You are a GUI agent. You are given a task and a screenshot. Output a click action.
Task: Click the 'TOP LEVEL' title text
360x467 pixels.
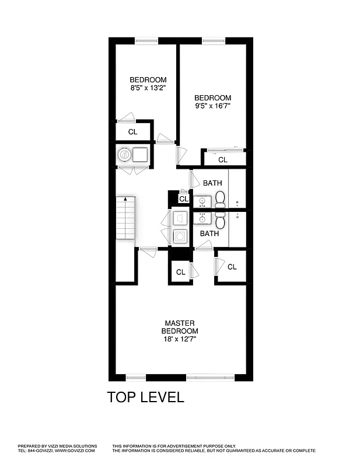pyautogui.click(x=146, y=398)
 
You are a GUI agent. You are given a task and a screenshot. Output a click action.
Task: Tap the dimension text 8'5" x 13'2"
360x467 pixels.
pyautogui.click(x=148, y=88)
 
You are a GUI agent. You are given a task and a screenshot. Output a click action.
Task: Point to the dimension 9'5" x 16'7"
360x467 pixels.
pyautogui.click(x=213, y=106)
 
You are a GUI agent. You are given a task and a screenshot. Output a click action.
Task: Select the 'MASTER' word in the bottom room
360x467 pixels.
pyautogui.click(x=180, y=323)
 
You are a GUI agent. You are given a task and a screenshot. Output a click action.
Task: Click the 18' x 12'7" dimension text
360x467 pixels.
pyautogui.click(x=180, y=339)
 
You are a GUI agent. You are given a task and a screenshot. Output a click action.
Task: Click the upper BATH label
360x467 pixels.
pyautogui.click(x=212, y=183)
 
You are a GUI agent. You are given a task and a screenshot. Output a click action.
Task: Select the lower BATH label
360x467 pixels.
pyautogui.click(x=209, y=233)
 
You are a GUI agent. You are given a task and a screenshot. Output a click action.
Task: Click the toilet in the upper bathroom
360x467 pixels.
pyautogui.click(x=220, y=201)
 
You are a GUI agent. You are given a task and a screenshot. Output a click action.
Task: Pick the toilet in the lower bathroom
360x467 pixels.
pyautogui.click(x=220, y=221)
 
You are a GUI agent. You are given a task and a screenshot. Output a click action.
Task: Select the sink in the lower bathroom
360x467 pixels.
pyautogui.click(x=202, y=219)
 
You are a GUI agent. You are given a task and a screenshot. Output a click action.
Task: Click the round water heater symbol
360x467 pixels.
pyautogui.click(x=124, y=155)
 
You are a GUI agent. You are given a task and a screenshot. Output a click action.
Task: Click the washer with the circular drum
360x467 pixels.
pyautogui.click(x=180, y=236)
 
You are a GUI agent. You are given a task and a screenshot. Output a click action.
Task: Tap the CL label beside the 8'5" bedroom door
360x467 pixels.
pyautogui.click(x=133, y=132)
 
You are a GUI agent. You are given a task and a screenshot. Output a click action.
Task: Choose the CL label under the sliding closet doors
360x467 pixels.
pyautogui.click(x=223, y=159)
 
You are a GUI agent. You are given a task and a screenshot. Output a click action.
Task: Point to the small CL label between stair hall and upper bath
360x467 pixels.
pyautogui.click(x=183, y=199)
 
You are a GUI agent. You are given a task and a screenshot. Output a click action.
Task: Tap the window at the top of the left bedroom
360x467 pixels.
pyautogui.click(x=146, y=40)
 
